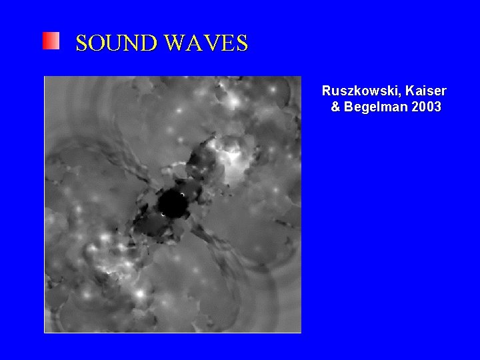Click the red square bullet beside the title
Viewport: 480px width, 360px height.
tap(51, 41)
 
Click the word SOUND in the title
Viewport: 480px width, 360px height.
tap(117, 43)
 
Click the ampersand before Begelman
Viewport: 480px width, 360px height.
tap(335, 107)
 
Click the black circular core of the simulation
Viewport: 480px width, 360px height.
tap(174, 204)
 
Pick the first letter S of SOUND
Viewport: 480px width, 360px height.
tap(82, 43)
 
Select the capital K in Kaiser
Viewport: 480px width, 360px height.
tap(410, 91)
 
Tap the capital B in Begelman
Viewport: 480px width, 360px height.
tap(348, 107)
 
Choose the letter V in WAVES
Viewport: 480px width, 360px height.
tap(210, 43)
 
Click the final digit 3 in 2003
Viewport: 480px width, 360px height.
tap(437, 107)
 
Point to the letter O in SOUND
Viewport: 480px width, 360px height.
tap(97, 43)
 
